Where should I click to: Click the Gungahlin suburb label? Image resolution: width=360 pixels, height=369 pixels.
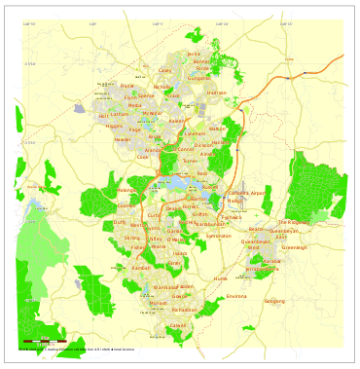point(198,78)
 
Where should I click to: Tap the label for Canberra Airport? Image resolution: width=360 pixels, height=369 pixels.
point(246,193)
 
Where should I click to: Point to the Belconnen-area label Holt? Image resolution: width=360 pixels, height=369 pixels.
point(104,115)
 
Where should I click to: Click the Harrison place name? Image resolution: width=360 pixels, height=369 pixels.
point(216,92)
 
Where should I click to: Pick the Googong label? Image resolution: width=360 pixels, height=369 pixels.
point(274,301)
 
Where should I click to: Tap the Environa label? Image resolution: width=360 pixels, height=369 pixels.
point(236,296)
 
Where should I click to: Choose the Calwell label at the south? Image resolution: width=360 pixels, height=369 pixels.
point(178,325)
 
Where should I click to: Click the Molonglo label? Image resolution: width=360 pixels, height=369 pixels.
point(126,190)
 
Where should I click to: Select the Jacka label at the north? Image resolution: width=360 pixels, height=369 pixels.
point(194,54)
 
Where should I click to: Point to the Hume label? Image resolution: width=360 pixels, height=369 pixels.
point(220,278)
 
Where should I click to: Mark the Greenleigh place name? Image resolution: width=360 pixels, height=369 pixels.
point(294,247)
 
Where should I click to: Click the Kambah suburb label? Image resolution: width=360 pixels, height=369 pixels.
point(141,268)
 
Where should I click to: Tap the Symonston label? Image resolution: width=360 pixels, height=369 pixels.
point(219,236)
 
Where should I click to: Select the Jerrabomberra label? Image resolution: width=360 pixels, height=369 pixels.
point(262,269)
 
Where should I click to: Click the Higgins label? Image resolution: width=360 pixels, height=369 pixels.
point(114,126)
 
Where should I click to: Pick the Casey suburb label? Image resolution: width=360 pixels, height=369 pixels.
point(164,70)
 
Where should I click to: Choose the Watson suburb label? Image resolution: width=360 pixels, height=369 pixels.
point(217,129)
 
